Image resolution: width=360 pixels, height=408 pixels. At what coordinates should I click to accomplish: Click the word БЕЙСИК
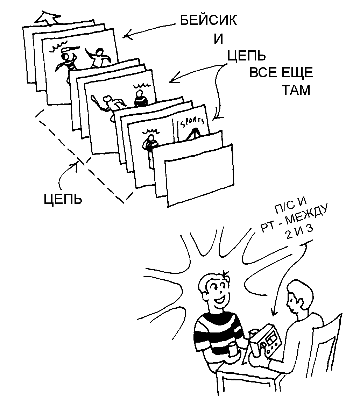click(x=208, y=21)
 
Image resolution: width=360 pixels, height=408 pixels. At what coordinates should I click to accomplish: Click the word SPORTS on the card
click(x=191, y=123)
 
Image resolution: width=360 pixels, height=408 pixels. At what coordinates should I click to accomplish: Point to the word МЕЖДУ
click(x=308, y=218)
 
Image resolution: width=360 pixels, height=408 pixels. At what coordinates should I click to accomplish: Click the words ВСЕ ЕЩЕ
click(x=280, y=74)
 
